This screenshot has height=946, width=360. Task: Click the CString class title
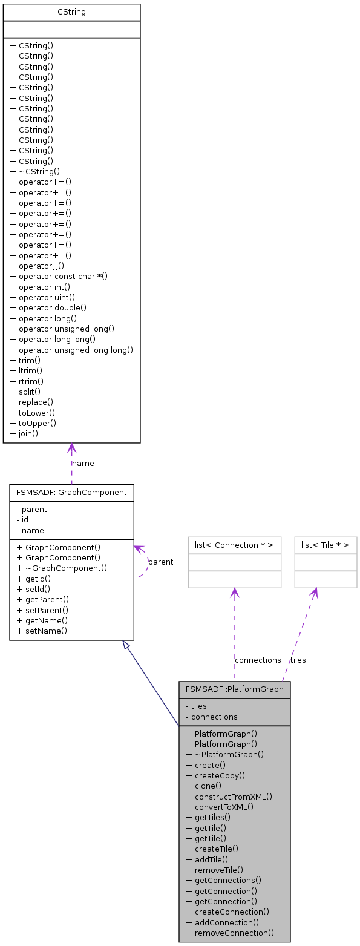(71, 12)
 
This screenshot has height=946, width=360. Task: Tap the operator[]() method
(38, 266)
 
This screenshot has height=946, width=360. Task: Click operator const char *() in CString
(59, 276)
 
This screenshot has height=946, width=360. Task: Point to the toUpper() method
(34, 423)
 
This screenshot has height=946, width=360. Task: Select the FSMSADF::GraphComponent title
(71, 493)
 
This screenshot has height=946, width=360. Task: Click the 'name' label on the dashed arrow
(83, 464)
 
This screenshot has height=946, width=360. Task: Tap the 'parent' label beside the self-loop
(160, 562)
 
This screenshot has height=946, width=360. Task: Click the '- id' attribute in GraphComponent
(22, 520)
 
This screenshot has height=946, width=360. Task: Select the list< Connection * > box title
(234, 545)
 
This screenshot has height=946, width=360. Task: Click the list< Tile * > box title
(326, 545)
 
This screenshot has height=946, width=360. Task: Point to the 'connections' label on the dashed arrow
(258, 660)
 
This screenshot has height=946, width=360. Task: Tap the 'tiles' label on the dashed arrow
(298, 660)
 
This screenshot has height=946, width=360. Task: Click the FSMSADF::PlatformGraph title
(234, 689)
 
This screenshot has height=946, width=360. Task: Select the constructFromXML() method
(229, 797)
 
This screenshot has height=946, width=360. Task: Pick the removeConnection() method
(230, 933)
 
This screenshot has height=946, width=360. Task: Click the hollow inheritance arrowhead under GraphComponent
(126, 646)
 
